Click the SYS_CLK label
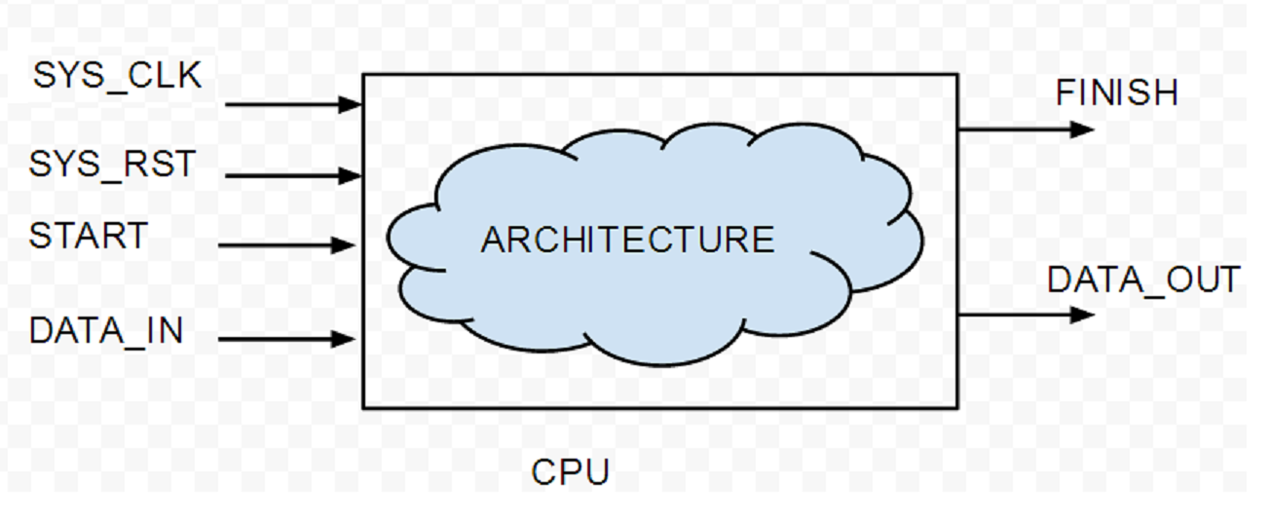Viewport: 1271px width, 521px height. click(x=117, y=75)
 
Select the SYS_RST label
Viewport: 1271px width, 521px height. click(x=112, y=164)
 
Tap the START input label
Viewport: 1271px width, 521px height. click(x=89, y=236)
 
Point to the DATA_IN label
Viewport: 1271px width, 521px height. click(x=106, y=331)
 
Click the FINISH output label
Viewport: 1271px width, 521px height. click(x=1117, y=93)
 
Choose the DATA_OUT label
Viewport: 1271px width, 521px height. click(x=1143, y=279)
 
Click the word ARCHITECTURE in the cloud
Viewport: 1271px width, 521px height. click(x=627, y=240)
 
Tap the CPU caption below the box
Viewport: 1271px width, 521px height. click(x=570, y=472)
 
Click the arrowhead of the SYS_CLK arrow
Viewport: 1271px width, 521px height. click(x=351, y=104)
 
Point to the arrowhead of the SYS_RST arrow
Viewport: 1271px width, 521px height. click(x=351, y=176)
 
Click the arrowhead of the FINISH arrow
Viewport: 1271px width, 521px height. click(x=1082, y=129)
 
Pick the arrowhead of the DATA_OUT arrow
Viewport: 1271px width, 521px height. click(x=1082, y=315)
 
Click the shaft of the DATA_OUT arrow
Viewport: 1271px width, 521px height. click(x=1013, y=315)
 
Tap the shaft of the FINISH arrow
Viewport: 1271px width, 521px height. click(x=1013, y=129)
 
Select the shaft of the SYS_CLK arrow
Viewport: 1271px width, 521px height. click(x=282, y=104)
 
